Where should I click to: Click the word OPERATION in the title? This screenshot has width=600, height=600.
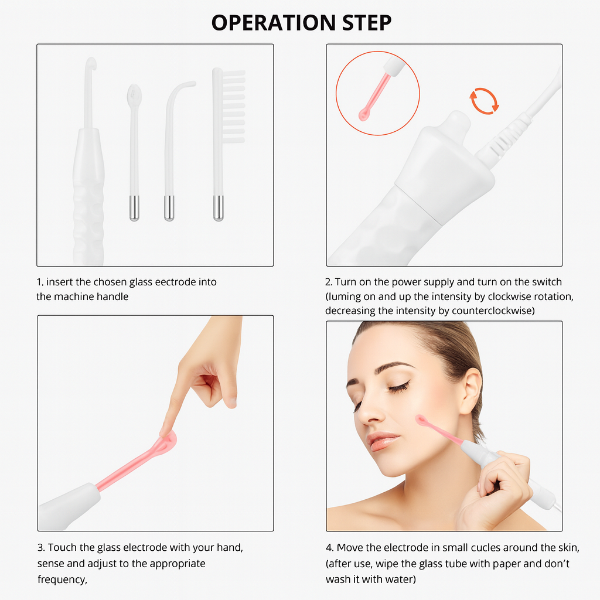coord(274,23)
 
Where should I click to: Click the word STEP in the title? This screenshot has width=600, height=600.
coord(367,23)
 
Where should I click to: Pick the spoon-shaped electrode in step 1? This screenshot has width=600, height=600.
coord(134,153)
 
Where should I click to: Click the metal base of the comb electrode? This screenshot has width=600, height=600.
coord(218,208)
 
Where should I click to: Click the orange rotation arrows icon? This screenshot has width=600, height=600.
coord(484,101)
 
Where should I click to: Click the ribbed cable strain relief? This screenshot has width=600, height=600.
coord(505,138)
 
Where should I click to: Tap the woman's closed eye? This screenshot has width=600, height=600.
coord(399,387)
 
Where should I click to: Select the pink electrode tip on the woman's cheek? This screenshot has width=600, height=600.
coord(422,421)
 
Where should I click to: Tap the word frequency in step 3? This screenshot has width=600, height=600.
coord(62,579)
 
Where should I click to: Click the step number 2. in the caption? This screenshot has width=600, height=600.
coord(329,282)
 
